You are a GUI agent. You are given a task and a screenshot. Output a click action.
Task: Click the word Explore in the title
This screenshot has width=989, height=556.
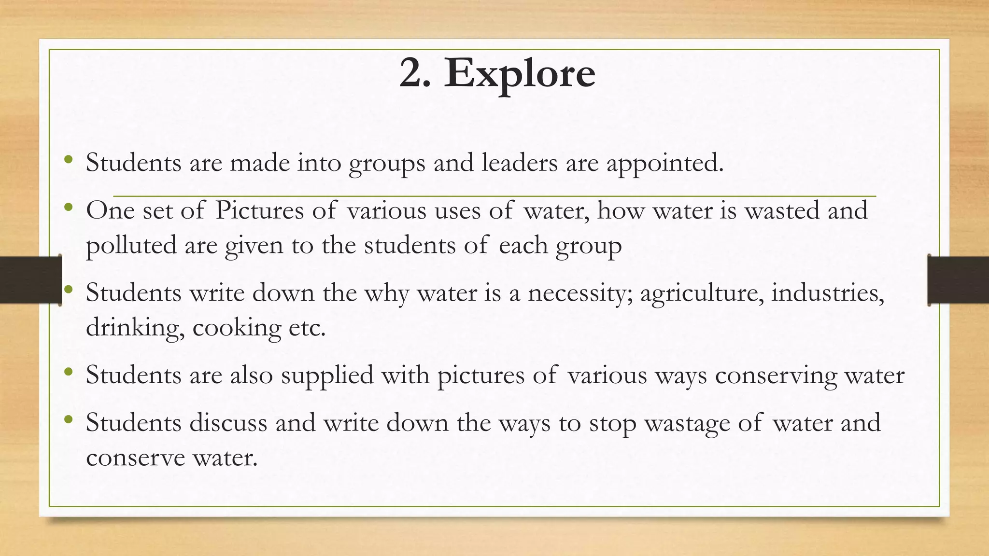coord(520,73)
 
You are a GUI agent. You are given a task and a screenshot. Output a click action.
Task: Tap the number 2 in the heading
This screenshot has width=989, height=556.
coord(414,73)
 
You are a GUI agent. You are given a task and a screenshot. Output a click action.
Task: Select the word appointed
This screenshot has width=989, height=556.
coord(665,164)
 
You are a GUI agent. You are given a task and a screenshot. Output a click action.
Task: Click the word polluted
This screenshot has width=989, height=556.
coord(131,246)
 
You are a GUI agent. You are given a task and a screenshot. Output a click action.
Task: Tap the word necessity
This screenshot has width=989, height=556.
coord(579,293)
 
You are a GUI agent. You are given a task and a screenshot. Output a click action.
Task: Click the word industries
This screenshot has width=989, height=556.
coord(827,292)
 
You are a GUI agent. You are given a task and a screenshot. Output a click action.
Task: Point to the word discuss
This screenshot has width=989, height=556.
coord(228,423)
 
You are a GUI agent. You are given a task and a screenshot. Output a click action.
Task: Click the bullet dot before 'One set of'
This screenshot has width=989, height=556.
coord(69,208)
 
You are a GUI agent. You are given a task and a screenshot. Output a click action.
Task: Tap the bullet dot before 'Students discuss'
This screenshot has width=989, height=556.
coord(69,419)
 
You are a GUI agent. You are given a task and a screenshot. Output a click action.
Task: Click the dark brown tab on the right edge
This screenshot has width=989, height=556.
coord(958,280)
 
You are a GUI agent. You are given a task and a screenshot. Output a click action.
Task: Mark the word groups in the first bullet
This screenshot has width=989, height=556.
coord(387,164)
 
